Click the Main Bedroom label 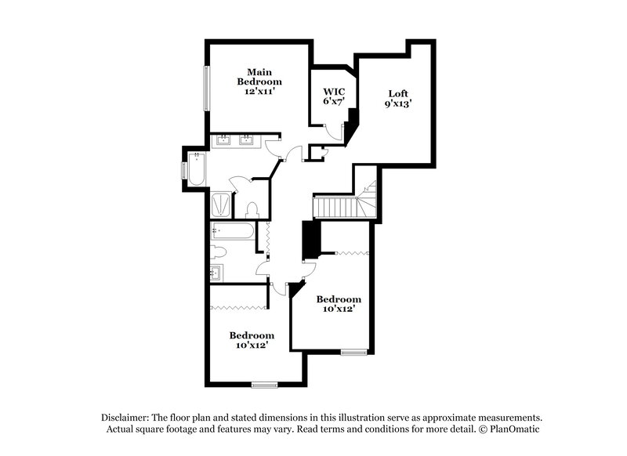pos(260,75)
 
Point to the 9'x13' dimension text pos(398,103)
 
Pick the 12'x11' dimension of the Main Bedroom pos(260,91)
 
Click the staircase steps pos(337,208)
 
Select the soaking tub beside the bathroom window pos(195,168)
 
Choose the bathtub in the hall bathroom pos(233,232)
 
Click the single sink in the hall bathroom pos(217,273)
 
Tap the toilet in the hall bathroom pos(219,252)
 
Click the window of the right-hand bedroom pos(353,352)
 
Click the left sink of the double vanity pos(223,142)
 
